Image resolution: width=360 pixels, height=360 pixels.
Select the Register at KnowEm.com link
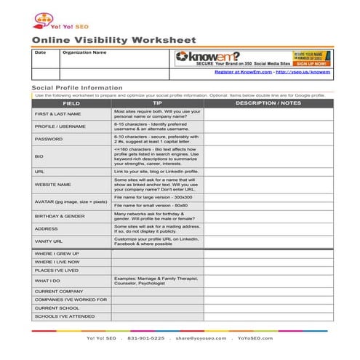click(x=245, y=72)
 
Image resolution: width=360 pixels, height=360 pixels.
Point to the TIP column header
click(x=157, y=103)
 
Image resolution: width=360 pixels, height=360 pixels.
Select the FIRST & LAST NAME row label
click(x=57, y=114)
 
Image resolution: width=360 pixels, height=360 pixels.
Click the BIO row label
click(x=39, y=156)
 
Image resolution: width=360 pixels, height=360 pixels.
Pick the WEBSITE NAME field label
click(x=53, y=185)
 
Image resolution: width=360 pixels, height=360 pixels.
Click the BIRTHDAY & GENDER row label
click(x=60, y=216)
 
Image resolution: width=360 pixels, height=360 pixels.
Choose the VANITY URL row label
click(x=49, y=241)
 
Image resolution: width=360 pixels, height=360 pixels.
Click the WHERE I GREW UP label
click(x=57, y=253)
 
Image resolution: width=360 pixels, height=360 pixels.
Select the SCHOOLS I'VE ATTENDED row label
click(x=64, y=316)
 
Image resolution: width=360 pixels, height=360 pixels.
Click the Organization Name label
click(x=84, y=52)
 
